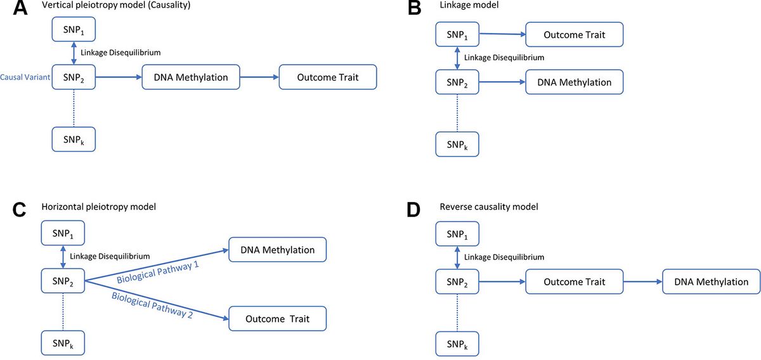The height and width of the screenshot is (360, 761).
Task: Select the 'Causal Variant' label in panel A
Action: pyautogui.click(x=25, y=78)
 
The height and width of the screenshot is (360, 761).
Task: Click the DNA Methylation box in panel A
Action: pyautogui.click(x=191, y=77)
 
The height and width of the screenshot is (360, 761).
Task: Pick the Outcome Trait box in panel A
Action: pyautogui.click(x=328, y=77)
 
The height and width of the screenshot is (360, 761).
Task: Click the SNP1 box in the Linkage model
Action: pyautogui.click(x=457, y=34)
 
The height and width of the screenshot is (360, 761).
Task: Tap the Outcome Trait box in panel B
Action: pyautogui.click(x=575, y=34)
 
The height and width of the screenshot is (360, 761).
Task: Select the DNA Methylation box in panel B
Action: pyautogui.click(x=575, y=82)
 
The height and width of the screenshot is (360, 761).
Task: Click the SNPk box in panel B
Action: pyautogui.click(x=457, y=144)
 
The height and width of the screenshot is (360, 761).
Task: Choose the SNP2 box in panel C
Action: pyautogui.click(x=62, y=280)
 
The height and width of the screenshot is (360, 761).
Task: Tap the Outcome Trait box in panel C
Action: pyautogui.click(x=277, y=318)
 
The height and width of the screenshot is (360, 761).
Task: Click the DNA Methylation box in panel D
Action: pyautogui.click(x=710, y=281)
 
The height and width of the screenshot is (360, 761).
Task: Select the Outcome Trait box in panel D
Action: pyautogui.click(x=575, y=281)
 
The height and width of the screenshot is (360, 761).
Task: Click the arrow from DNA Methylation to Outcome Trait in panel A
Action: pyautogui.click(x=259, y=77)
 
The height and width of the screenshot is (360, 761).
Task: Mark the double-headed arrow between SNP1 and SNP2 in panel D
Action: pyautogui.click(x=457, y=257)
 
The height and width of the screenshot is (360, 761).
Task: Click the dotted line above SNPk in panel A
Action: pyautogui.click(x=74, y=108)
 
